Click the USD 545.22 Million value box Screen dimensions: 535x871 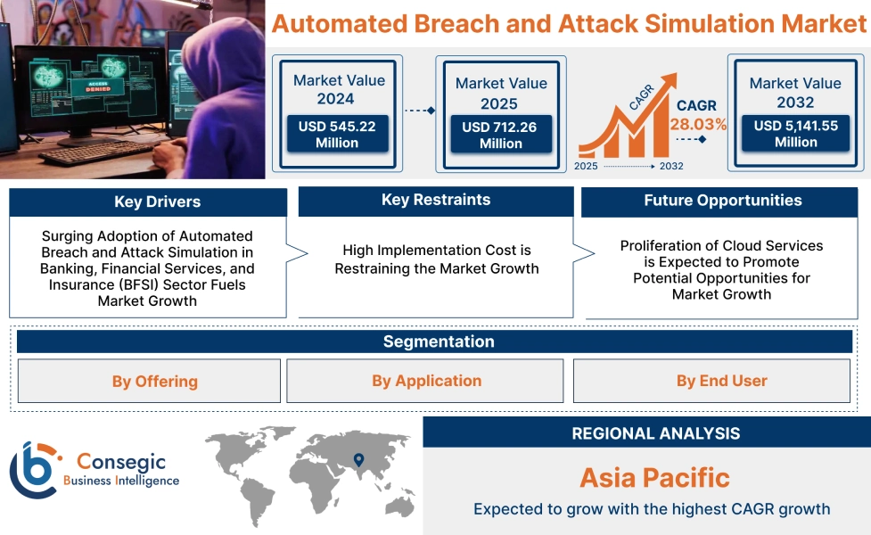[x=337, y=135]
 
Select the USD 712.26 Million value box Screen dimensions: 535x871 [x=500, y=136]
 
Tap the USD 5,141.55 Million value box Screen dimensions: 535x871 [x=795, y=134]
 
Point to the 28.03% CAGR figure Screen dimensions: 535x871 [x=697, y=125]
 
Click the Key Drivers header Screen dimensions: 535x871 [x=148, y=202]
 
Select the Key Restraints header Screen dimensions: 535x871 [x=436, y=201]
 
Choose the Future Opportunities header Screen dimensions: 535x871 [x=722, y=202]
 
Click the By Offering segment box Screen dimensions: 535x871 [x=149, y=382]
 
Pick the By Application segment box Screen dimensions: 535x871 [x=425, y=382]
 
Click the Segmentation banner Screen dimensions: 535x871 [x=438, y=342]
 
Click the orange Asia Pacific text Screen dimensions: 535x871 [x=654, y=477]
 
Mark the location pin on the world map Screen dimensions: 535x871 [x=358, y=460]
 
